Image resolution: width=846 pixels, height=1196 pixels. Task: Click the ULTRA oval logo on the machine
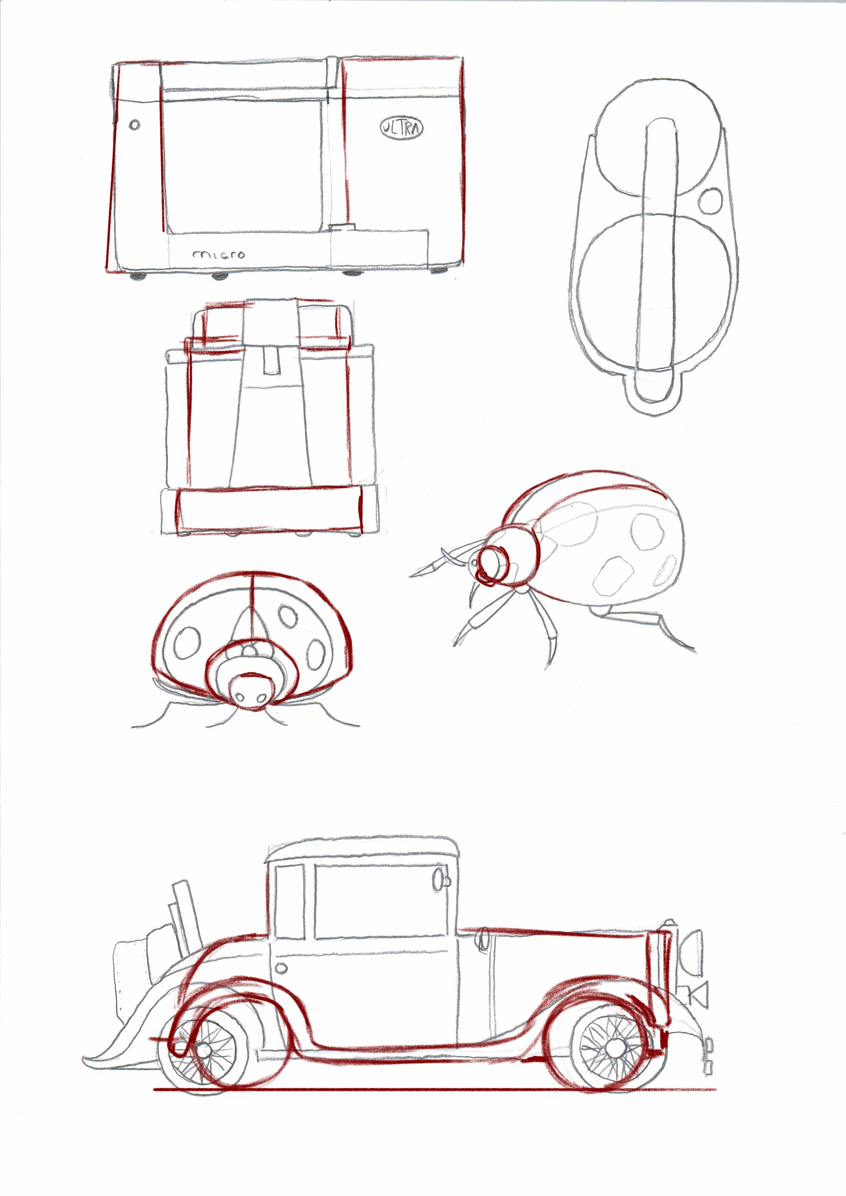(402, 128)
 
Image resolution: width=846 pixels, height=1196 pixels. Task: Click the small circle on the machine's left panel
(134, 125)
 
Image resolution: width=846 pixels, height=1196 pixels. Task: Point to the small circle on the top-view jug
(711, 200)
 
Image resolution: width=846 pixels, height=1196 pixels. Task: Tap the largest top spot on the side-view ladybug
(648, 531)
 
